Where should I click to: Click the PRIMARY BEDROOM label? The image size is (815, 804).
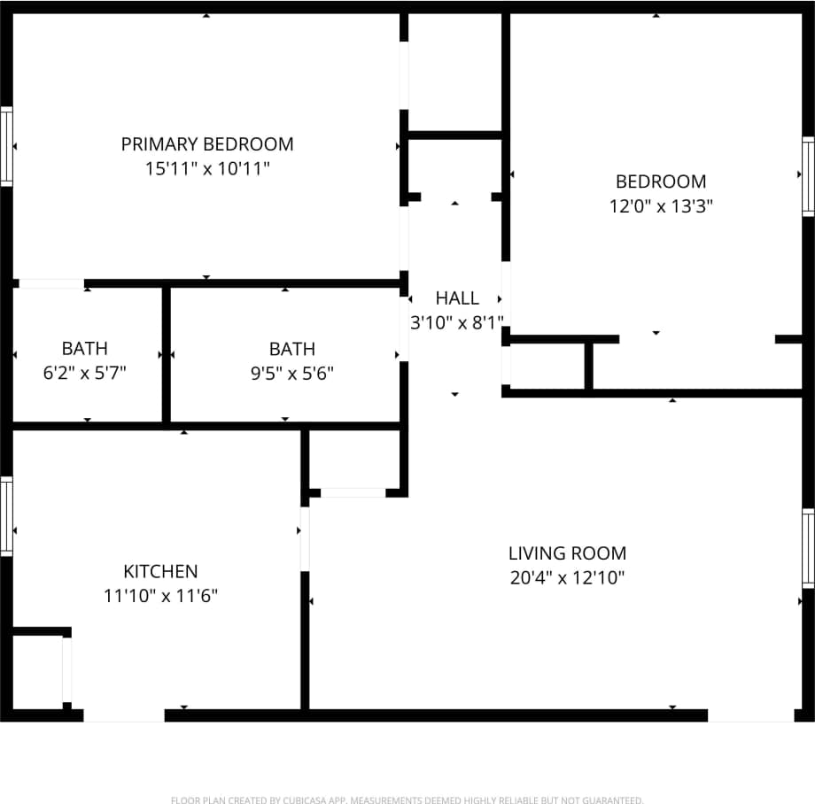point(207,143)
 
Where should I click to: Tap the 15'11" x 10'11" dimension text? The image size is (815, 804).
point(207,168)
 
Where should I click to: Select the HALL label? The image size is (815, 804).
point(457,298)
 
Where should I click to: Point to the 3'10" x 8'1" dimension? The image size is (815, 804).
point(457,323)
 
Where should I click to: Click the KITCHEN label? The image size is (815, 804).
point(160,572)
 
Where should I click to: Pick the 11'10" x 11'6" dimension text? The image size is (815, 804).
point(160,597)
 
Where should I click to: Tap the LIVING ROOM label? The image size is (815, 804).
point(567,553)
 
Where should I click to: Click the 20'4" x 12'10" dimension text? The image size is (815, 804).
point(567,578)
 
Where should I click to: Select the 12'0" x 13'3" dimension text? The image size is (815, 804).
point(661,206)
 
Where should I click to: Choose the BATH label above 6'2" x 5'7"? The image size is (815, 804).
point(85,349)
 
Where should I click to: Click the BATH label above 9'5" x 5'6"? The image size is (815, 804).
point(292,349)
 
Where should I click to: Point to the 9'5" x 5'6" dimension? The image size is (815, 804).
point(292,374)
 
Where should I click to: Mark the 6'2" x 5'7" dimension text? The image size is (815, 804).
point(85,374)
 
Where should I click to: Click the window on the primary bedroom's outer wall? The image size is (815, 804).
point(6,146)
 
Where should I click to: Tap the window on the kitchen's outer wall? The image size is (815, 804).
point(6,516)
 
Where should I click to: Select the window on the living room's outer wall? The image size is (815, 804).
point(808,548)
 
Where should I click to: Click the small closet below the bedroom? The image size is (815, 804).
point(547,366)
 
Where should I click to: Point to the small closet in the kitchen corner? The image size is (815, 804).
point(37,670)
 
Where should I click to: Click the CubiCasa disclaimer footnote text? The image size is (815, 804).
point(407,800)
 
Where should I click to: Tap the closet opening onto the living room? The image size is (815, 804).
point(354,460)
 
